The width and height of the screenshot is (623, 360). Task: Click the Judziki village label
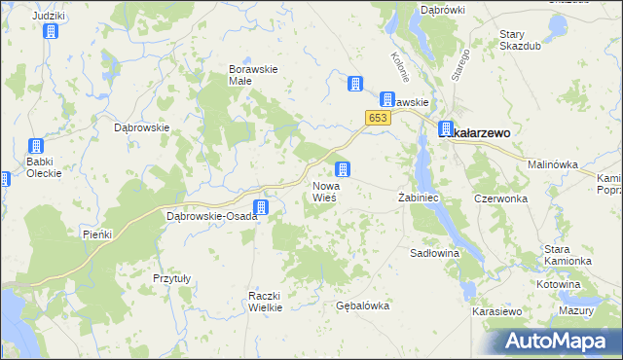pos(48,16)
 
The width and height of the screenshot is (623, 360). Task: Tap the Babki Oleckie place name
pos(44,167)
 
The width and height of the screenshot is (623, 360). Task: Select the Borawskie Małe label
pos(253,75)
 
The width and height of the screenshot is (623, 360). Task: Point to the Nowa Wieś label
pos(324,192)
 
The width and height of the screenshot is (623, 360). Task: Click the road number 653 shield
pos(379,118)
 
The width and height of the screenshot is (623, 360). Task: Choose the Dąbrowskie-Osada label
pos(211,216)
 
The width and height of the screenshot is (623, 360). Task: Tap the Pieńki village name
pos(98,234)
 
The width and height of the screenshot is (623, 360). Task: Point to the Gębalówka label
pos(362,306)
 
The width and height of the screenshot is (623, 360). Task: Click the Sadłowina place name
pos(434,252)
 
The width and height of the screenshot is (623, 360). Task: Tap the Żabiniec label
pos(421,198)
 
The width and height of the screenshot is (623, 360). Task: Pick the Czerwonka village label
pos(500,198)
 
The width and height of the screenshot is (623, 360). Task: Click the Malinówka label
pos(553,164)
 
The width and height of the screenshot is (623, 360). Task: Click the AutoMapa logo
pos(559,342)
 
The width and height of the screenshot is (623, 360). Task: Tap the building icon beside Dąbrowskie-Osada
pos(261,207)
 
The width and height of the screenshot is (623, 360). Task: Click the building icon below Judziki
pos(51,32)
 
